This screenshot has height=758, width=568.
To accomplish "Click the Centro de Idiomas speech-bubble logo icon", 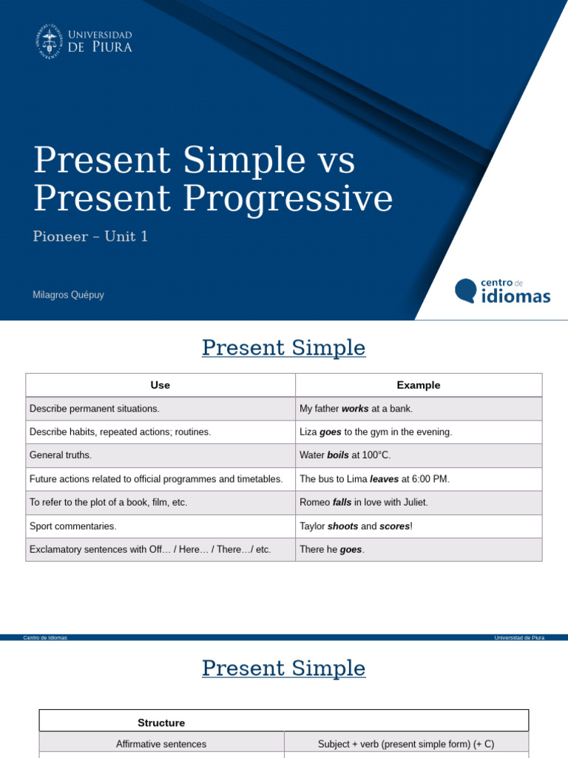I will [x=466, y=290].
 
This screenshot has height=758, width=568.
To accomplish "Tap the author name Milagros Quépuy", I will [x=68, y=295].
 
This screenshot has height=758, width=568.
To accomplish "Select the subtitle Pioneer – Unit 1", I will [x=90, y=237].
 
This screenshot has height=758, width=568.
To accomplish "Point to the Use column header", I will [x=160, y=385].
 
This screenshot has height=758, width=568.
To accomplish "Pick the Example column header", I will [x=418, y=385].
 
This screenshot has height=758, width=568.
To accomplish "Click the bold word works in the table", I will [x=355, y=409].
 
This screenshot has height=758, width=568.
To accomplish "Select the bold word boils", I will [x=338, y=455].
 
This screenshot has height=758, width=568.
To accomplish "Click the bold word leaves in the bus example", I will [x=384, y=479].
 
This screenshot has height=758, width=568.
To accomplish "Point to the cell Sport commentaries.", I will [x=73, y=526].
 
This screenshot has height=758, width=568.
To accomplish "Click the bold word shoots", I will [x=342, y=526].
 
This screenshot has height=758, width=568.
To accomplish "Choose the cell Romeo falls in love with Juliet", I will [x=364, y=503].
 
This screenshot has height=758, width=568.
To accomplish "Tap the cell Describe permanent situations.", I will [x=94, y=409].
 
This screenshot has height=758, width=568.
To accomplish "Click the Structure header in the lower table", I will [x=161, y=722].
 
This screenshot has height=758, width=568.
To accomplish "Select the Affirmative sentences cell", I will [x=161, y=744].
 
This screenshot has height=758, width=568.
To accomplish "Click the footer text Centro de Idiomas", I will [x=45, y=637].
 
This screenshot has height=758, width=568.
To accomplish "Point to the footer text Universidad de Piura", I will [x=519, y=637].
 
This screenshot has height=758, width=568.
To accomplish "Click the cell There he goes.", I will [x=332, y=550].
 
